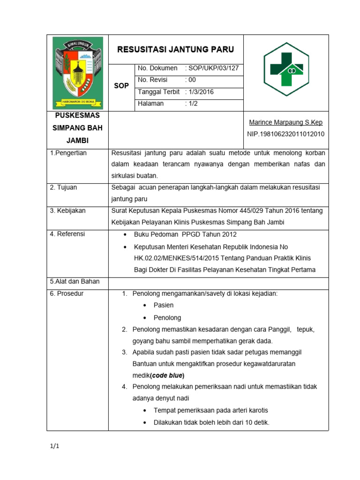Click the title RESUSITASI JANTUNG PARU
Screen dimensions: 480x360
coord(175,49)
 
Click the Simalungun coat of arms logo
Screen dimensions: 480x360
coord(77,73)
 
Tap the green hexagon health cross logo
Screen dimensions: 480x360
coord(285,69)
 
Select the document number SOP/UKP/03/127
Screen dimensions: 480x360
coord(214,68)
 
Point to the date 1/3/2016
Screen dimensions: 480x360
coord(201,92)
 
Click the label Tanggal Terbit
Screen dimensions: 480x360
coord(158,92)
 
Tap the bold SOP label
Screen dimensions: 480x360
coord(121,86)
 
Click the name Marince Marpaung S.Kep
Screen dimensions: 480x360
coord(286,122)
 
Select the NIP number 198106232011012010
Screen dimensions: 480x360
coord(285,134)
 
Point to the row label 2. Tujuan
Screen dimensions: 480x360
coord(64,187)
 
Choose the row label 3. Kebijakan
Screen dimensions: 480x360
coord(68,210)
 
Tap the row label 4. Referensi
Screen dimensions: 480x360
coord(67,234)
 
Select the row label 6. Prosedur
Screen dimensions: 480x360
coord(67,293)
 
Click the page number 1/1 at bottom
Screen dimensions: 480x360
coord(55,446)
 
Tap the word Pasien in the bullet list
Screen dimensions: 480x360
coord(164,305)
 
